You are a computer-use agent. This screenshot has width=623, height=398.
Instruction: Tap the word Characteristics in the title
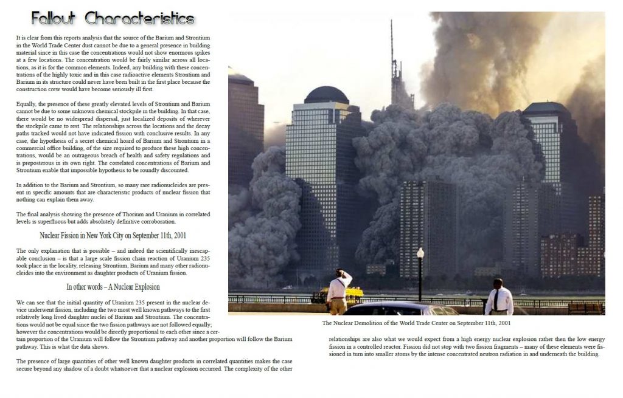pos(139,18)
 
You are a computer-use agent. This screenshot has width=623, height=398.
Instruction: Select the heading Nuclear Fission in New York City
pos(113,236)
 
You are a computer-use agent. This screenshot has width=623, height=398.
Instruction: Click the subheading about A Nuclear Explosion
pos(113,287)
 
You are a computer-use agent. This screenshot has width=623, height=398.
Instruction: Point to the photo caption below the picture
pos(416,323)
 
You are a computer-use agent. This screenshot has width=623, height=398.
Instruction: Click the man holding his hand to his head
pos(339,291)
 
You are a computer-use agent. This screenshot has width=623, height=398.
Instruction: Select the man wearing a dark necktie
pos(498,297)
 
